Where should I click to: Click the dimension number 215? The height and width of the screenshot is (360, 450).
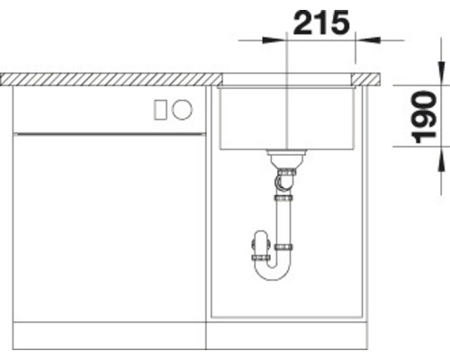pos(319,22)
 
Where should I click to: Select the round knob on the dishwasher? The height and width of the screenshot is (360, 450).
pos(183,110)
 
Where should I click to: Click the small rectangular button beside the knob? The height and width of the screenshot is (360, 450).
pos(161,110)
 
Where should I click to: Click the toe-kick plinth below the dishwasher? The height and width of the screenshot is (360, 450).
pos(108,337)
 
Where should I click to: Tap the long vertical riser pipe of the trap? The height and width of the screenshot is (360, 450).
pos(285,216)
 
